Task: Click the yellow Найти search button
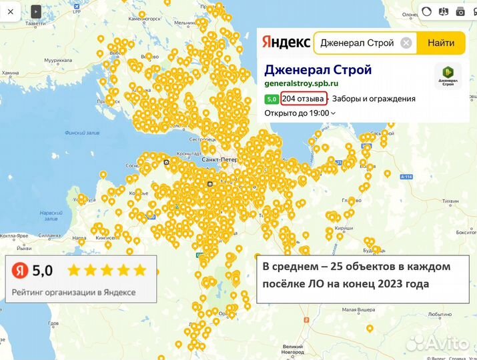pos(441,43)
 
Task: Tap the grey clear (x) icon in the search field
pos(406,43)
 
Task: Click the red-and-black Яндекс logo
pos(286,43)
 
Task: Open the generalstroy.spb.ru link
pos(301,83)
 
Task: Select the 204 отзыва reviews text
pos(304,99)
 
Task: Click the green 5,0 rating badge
pos(272,99)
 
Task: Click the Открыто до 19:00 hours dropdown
pos(300,113)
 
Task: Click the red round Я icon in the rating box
pos(21,270)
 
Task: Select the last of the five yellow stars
pos(139,270)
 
